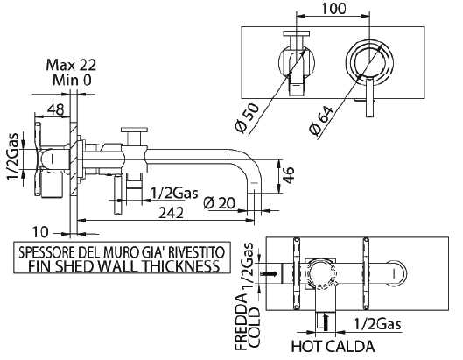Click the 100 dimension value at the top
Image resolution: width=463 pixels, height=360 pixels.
click(x=333, y=8)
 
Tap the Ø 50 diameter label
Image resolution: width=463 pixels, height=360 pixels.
click(x=248, y=118)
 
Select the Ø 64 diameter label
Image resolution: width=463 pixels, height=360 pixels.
click(x=321, y=120)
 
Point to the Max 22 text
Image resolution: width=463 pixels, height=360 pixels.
click(x=71, y=65)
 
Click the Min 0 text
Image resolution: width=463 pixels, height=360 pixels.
click(x=72, y=80)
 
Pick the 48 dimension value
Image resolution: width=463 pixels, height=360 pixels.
click(x=56, y=109)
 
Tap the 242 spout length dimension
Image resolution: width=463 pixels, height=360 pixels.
click(x=171, y=213)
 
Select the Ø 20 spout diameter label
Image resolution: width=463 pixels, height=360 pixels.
click(x=220, y=203)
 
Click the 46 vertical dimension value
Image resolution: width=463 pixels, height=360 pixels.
click(x=289, y=175)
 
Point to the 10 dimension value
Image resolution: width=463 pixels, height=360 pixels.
click(x=40, y=232)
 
